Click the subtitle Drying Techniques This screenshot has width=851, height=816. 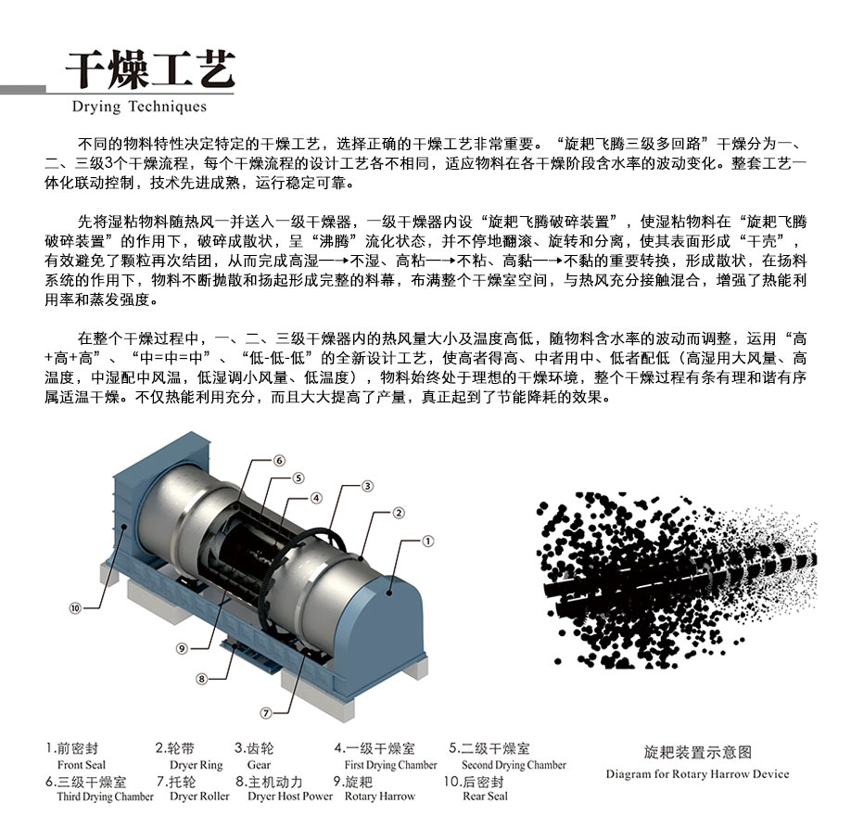click(x=139, y=107)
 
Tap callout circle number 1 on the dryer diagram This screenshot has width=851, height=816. click(x=427, y=539)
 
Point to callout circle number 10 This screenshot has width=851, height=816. click(x=75, y=608)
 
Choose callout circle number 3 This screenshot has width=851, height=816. click(x=367, y=485)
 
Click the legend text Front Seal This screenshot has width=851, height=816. click(x=82, y=765)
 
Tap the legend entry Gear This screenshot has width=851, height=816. click(x=259, y=765)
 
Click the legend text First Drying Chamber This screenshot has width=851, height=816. click(x=390, y=765)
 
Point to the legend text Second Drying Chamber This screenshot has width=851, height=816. click(x=514, y=765)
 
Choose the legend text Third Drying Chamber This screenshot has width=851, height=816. click(x=105, y=797)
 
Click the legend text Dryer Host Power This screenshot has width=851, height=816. click(x=290, y=797)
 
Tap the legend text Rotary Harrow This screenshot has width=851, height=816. click(x=379, y=797)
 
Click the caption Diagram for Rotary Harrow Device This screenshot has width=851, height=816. click(x=697, y=774)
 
